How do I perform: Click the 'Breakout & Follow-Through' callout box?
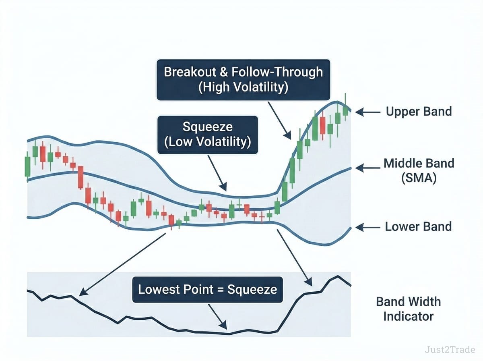[x=244, y=80]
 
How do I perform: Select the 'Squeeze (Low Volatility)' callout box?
[x=208, y=135]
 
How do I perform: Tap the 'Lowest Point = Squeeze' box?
[x=208, y=290]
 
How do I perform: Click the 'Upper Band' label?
[x=419, y=112]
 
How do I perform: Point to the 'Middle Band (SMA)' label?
[x=419, y=171]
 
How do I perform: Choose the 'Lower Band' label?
[x=418, y=227]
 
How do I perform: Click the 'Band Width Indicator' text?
[x=409, y=309]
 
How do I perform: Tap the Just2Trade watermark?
[x=450, y=350]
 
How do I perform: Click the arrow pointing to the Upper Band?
[x=368, y=112]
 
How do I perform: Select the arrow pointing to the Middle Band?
[x=368, y=168]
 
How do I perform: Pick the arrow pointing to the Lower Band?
[x=368, y=227]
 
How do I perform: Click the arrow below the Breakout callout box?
[x=279, y=121]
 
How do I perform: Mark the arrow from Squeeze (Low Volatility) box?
[x=217, y=173]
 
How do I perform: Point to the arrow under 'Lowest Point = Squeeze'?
[x=217, y=317]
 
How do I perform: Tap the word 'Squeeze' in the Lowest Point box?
[x=252, y=290]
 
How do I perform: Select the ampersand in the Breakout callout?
[x=224, y=72]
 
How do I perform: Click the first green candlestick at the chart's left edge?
[x=27, y=167]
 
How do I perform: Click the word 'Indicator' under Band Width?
[x=409, y=317]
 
